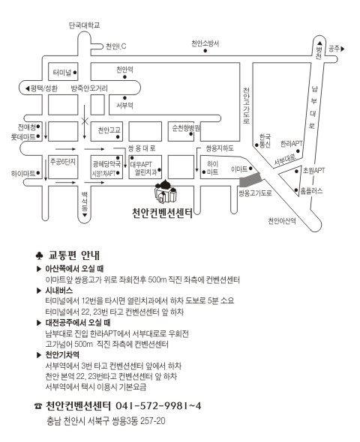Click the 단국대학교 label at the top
(84, 25)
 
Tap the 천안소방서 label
(205, 43)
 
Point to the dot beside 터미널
(75, 73)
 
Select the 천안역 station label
(124, 70)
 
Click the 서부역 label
(124, 106)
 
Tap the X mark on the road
(85, 121)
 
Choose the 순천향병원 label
(186, 127)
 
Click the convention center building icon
(166, 192)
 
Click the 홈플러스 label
(311, 191)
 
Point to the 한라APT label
(291, 144)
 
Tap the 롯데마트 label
(23, 137)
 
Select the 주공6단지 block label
(63, 162)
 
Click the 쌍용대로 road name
(142, 148)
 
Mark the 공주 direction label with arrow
(337, 49)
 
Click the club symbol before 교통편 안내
(39, 255)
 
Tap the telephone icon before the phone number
(38, 406)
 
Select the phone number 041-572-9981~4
(158, 406)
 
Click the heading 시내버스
(59, 291)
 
